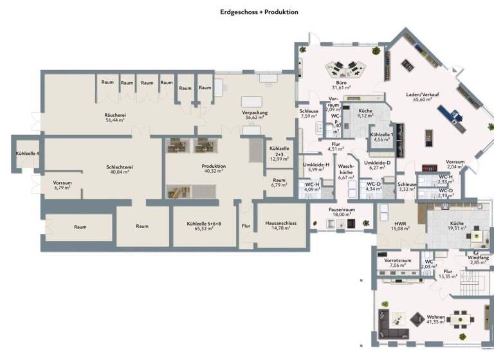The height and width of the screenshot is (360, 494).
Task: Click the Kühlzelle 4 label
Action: coord(27,154)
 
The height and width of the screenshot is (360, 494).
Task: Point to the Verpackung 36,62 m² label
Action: coord(255,115)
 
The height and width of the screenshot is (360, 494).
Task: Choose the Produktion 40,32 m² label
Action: coord(214,168)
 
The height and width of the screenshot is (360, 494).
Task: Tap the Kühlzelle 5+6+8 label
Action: coord(203,226)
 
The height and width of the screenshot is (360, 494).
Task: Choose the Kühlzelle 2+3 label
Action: coord(279,154)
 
